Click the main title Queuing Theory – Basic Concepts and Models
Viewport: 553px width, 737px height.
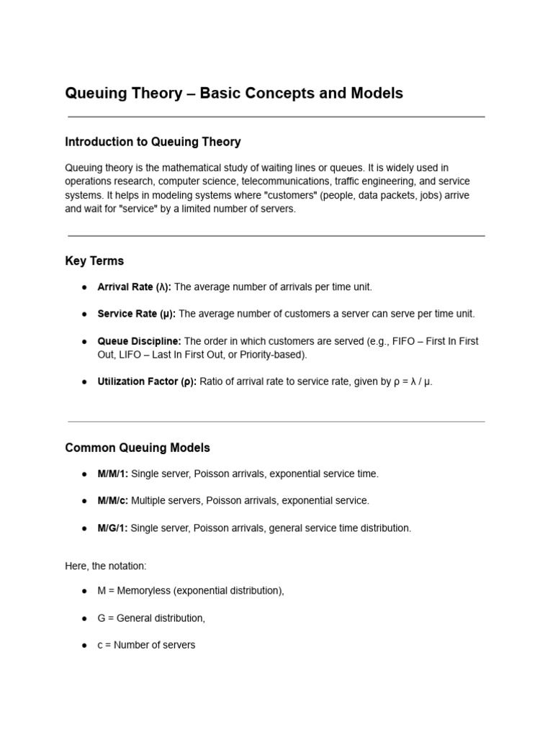234,94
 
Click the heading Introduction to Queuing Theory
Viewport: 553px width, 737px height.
153,142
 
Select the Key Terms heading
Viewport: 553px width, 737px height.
94,261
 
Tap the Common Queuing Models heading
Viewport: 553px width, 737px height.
138,448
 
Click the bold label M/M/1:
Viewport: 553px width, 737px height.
113,474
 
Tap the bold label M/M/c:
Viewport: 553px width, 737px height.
113,500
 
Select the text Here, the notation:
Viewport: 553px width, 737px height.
105,566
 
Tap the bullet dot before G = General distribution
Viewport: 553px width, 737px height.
84,618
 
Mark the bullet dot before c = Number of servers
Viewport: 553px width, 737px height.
84,646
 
